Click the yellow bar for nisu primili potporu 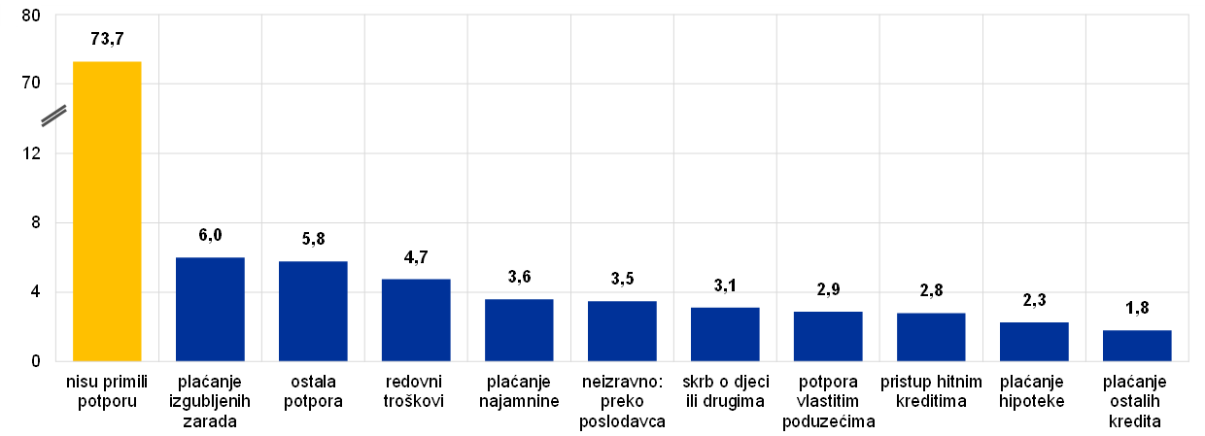107,211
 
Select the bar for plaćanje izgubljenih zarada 210,309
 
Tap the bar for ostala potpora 313,311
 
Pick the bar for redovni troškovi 416,320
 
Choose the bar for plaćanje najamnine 519,330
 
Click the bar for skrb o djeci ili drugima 725,334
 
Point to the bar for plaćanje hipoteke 1034,342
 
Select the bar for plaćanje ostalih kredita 1137,346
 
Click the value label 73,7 107,39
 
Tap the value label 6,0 210,236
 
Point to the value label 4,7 416,258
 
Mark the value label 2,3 1034,301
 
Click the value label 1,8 1137,310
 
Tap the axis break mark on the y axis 54,115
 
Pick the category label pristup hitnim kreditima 931,391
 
